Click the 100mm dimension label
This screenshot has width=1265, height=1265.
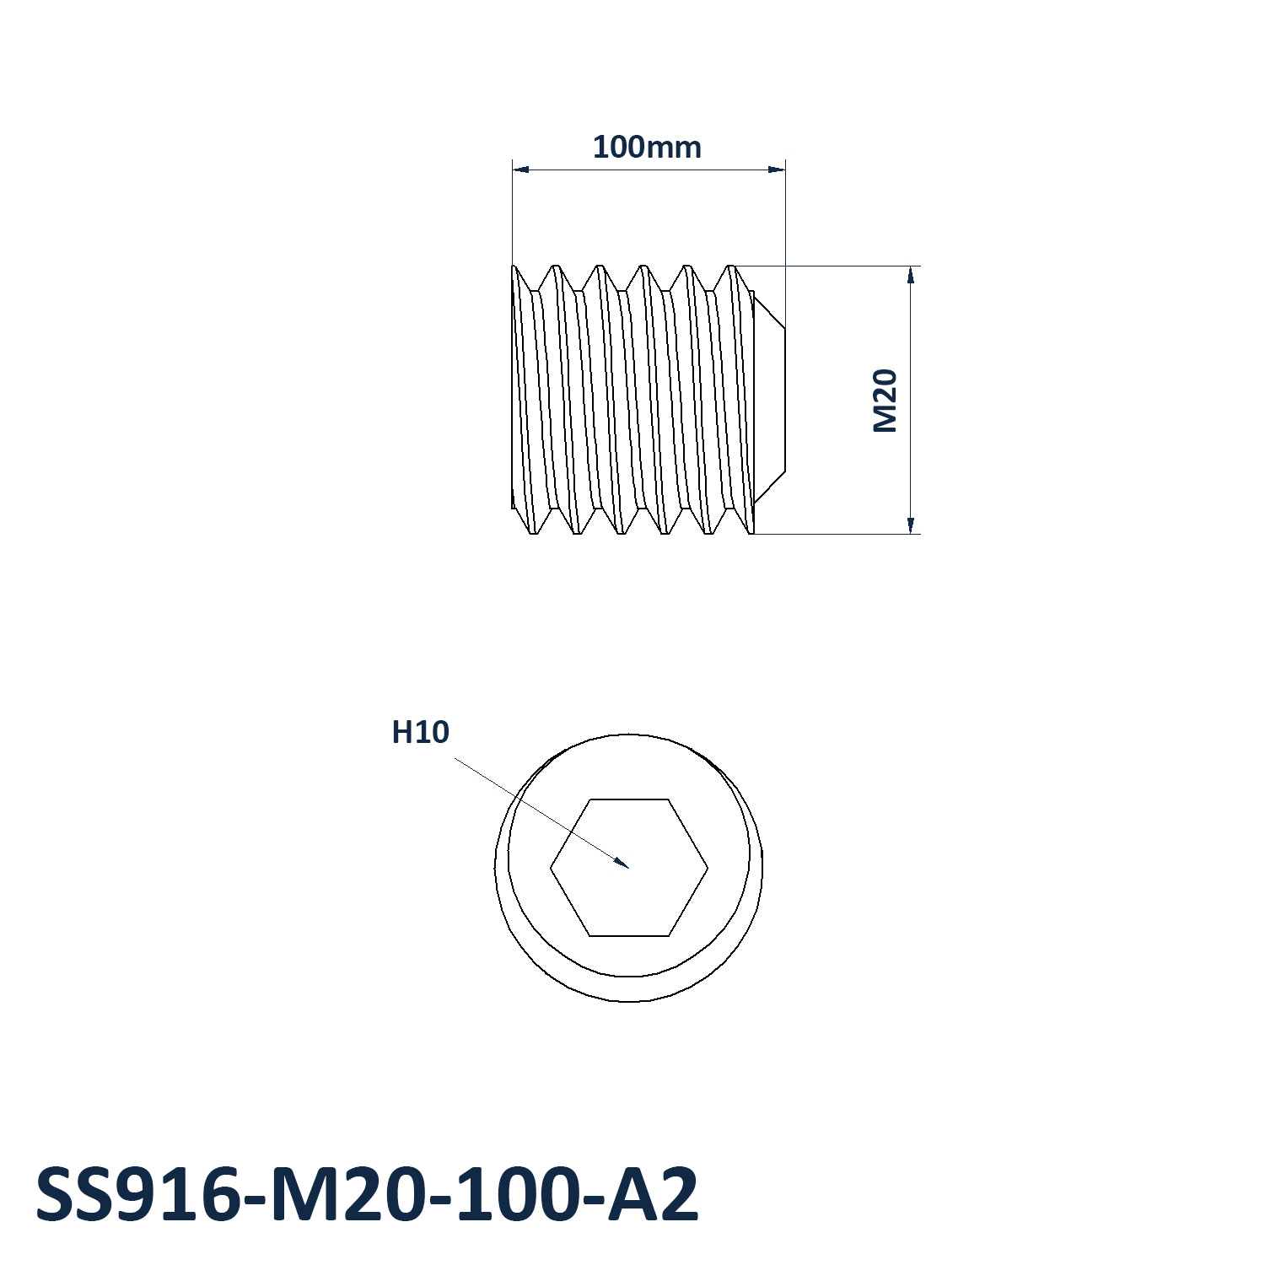(647, 147)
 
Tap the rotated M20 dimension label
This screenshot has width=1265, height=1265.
(885, 401)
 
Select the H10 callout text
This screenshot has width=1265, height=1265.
(420, 732)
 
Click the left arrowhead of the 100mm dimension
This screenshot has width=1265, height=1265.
(520, 170)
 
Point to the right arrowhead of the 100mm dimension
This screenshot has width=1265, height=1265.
(777, 170)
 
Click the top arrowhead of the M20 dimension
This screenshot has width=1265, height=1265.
(911, 274)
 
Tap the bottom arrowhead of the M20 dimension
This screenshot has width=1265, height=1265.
(911, 525)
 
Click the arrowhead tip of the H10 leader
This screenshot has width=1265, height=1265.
(629, 867)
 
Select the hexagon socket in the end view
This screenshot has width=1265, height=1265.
(629, 867)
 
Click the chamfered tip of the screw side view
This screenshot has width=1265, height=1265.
(769, 400)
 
